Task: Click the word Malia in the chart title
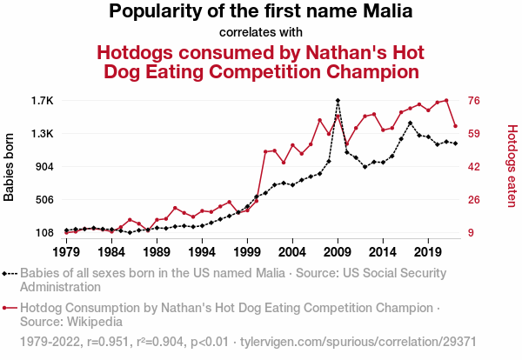384,12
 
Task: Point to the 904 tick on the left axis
43,167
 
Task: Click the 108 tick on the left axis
43,233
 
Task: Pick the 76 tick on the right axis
475,101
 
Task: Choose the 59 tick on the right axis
475,134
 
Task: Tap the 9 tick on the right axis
472,233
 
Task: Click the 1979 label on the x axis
66,251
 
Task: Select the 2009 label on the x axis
338,251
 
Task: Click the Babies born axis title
10,167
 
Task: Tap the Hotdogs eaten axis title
512,167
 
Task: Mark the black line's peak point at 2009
338,101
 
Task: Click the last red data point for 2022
455,127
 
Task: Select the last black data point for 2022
455,143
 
